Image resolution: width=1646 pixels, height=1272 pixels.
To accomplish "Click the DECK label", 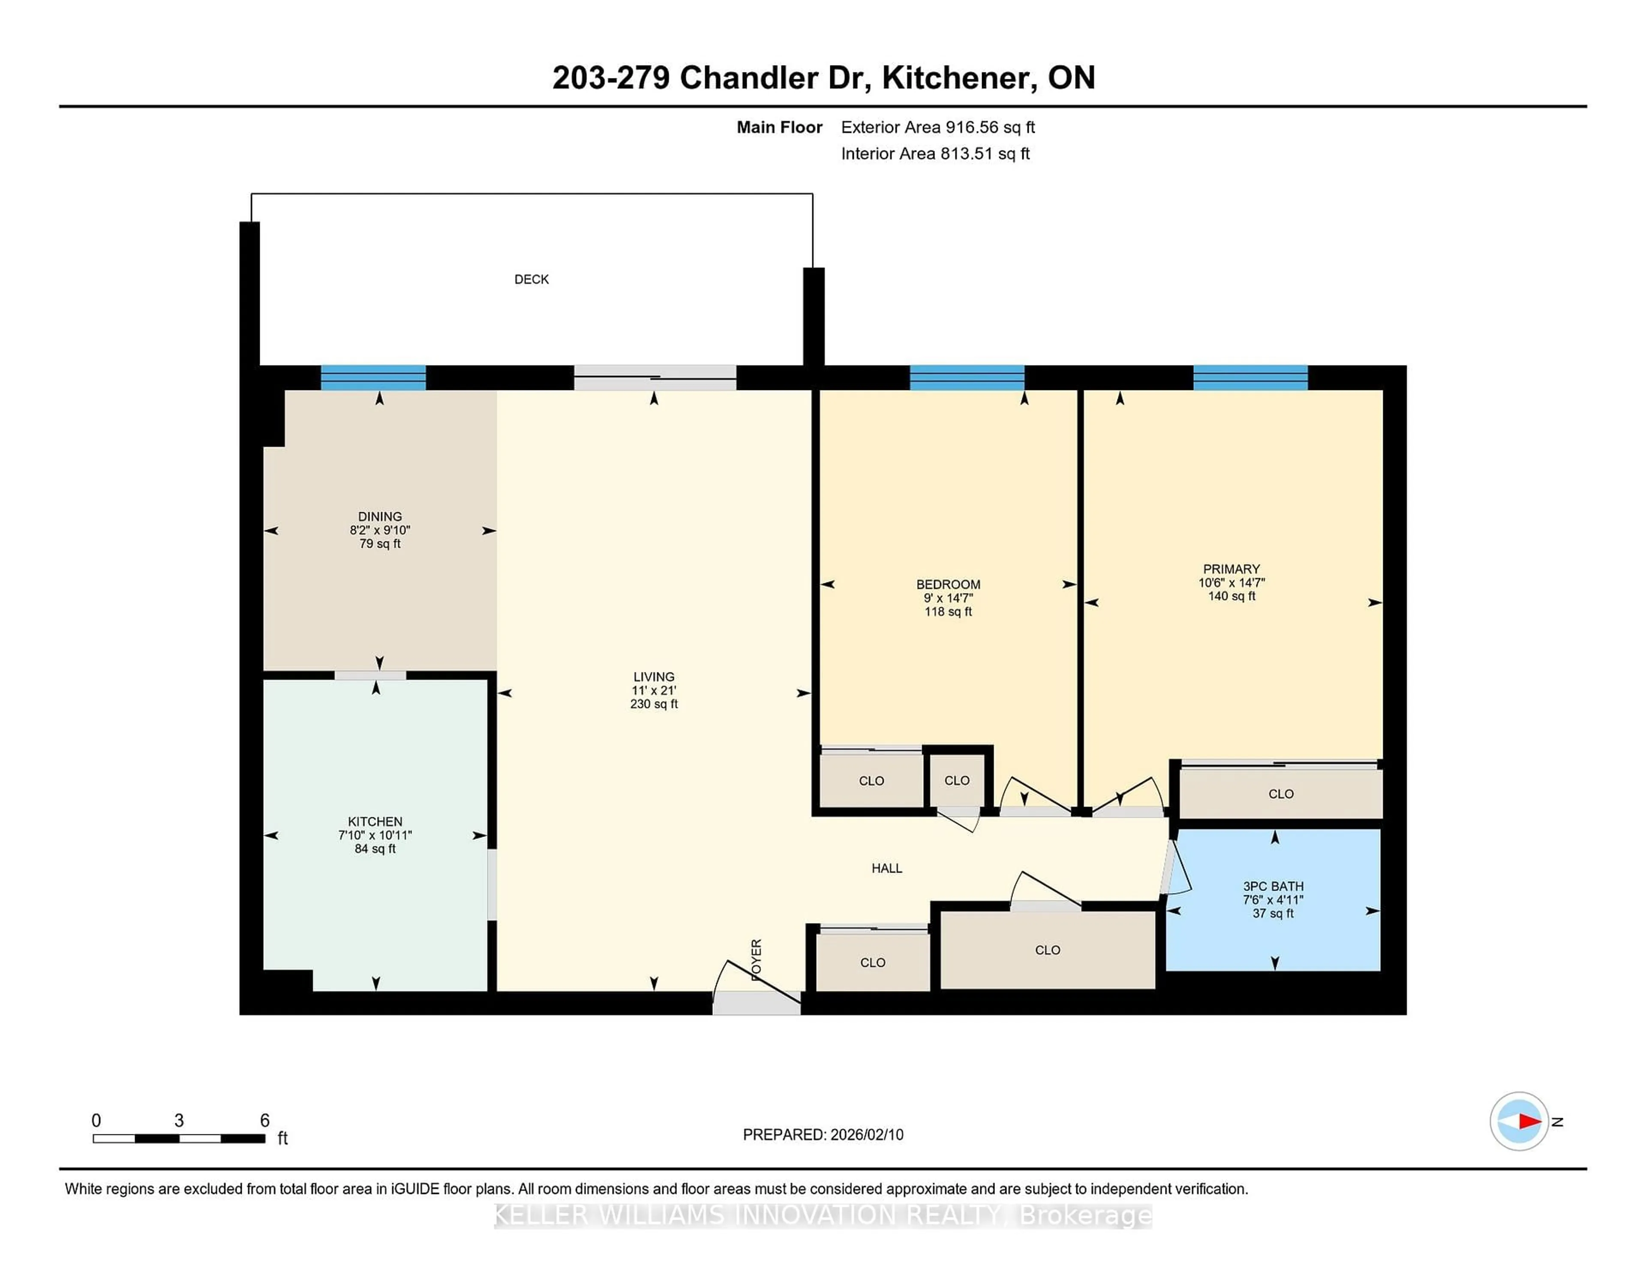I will [x=532, y=279].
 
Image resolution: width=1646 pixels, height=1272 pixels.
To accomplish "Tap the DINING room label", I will [x=380, y=517].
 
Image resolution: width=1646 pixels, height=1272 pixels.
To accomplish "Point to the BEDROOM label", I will [x=948, y=585].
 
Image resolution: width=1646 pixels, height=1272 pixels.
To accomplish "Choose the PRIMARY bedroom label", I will [x=1231, y=569].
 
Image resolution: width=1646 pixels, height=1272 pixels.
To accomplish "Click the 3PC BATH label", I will [x=1273, y=886].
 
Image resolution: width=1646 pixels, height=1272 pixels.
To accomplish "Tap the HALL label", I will [x=886, y=868].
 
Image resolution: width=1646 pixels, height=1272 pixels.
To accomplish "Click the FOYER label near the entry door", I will [x=757, y=959].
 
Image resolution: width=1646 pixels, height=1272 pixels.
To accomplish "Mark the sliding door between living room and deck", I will [x=655, y=378].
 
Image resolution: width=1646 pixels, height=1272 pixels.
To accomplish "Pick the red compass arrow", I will [x=1529, y=1121].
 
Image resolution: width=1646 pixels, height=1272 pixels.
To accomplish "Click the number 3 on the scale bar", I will [x=179, y=1121].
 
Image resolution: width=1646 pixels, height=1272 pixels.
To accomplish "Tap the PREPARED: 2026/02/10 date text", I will [x=823, y=1134].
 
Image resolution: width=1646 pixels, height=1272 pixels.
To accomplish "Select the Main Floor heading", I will [x=779, y=127].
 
